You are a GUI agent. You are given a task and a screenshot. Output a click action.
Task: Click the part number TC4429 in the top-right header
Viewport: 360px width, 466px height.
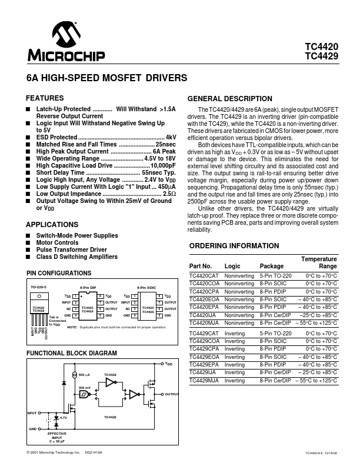(322, 57)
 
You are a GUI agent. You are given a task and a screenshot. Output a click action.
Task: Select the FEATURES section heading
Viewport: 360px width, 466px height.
(45, 98)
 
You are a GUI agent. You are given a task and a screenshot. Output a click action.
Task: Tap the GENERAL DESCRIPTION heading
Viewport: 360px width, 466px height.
(229, 99)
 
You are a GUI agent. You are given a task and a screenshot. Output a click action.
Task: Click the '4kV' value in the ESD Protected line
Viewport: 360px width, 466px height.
(171, 137)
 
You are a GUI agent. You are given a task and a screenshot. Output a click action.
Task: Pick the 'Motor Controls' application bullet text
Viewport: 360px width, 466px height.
(58, 242)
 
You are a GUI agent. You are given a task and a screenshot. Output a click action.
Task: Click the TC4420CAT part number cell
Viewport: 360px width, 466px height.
(204, 275)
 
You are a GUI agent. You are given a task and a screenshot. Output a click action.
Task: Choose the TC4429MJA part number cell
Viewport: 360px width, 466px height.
(204, 381)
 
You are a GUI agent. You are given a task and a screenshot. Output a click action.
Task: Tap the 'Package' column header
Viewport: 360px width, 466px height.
(271, 266)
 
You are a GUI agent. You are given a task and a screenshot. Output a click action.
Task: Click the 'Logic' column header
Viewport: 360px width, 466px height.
(232, 266)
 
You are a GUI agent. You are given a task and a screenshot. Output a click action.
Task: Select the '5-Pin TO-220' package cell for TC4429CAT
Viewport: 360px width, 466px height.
(275, 333)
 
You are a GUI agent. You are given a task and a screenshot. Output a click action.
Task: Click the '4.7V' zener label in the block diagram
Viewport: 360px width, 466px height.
(64, 417)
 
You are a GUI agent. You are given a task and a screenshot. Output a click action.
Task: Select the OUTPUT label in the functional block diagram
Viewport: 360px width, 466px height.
(172, 394)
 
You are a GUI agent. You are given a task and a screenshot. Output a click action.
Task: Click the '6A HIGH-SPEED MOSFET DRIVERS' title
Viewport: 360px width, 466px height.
(107, 77)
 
